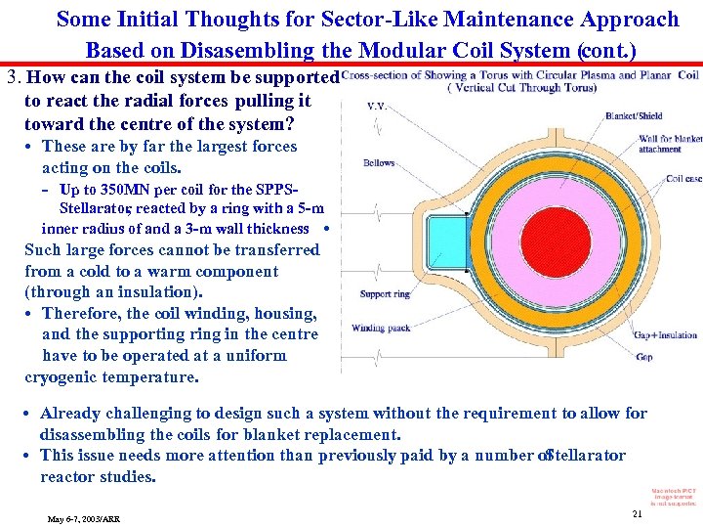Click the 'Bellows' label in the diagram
click(x=379, y=163)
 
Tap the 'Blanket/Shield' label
click(x=633, y=115)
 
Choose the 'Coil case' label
click(x=682, y=179)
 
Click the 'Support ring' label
click(x=385, y=294)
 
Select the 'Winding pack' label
click(x=381, y=329)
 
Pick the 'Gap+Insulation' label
click(x=667, y=334)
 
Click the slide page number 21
click(x=637, y=513)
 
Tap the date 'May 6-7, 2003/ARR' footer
click(x=84, y=518)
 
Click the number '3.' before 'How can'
click(x=15, y=79)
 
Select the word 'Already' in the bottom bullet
click(x=71, y=414)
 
